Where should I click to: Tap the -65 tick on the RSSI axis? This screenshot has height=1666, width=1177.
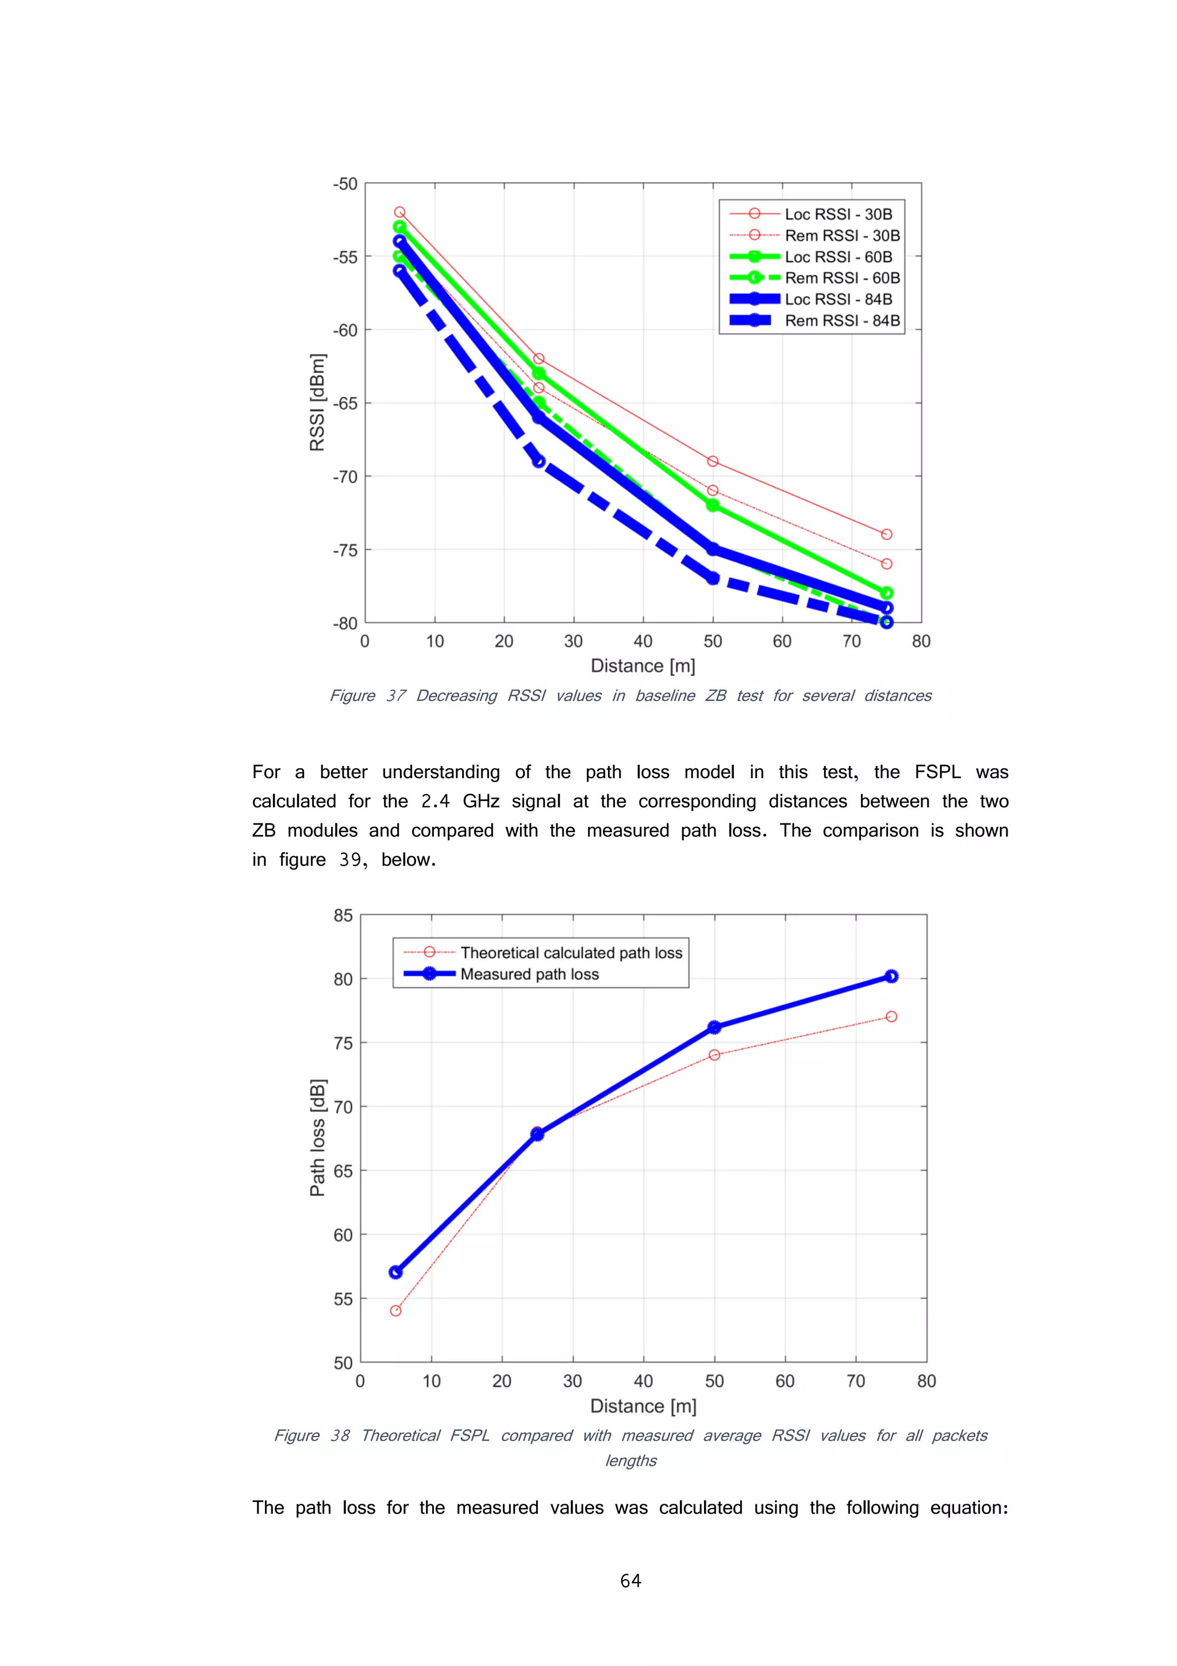(x=345, y=404)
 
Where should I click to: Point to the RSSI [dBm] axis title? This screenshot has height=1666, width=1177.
(x=317, y=403)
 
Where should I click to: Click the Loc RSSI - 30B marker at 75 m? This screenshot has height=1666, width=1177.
(x=886, y=534)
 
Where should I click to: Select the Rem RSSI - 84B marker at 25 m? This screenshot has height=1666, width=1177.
(x=538, y=461)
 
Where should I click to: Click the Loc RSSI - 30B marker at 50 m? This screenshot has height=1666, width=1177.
(x=712, y=461)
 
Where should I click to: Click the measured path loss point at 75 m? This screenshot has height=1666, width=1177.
(x=891, y=976)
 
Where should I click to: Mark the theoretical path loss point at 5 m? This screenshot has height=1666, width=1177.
(x=395, y=1311)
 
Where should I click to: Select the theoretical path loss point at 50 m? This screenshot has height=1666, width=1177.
(x=714, y=1055)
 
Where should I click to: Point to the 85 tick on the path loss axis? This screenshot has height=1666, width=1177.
(x=343, y=916)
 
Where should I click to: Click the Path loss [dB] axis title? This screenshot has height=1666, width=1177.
(x=317, y=1138)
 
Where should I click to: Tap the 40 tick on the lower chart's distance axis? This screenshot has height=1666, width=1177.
(x=643, y=1381)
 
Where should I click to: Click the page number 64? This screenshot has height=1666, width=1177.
(x=630, y=1580)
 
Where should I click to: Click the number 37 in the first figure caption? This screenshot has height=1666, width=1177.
(x=396, y=696)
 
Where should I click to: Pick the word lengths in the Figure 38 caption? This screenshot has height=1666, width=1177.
(x=630, y=1461)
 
